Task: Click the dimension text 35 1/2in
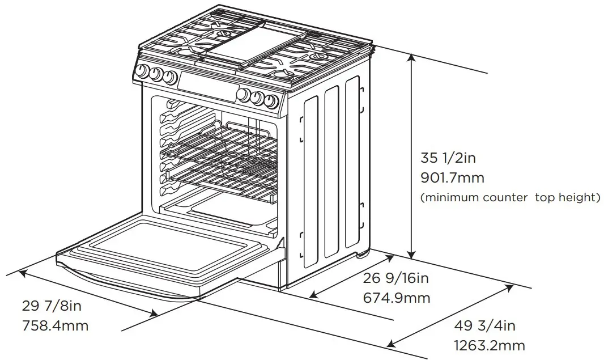click(452, 157)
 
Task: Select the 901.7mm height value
click(452, 177)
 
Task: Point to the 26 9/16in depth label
click(396, 278)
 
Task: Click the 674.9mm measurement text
click(396, 298)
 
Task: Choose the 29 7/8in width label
click(52, 307)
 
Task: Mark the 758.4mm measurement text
click(55, 327)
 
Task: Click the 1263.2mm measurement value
click(490, 345)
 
